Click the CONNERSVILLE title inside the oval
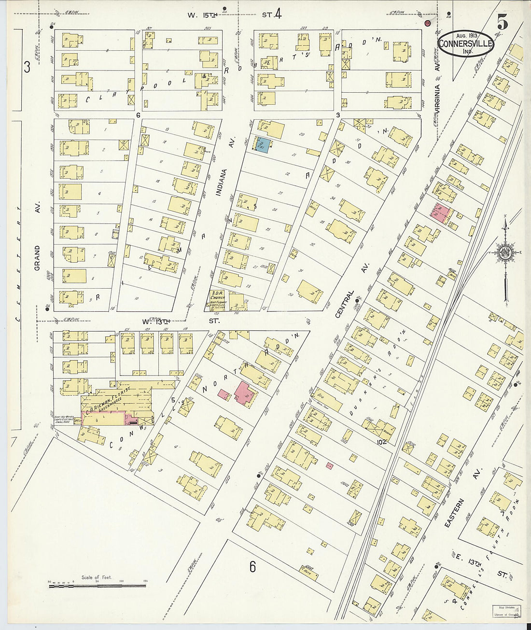(465, 42)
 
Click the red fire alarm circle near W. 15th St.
(427, 23)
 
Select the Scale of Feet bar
(97, 586)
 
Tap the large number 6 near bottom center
(252, 566)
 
